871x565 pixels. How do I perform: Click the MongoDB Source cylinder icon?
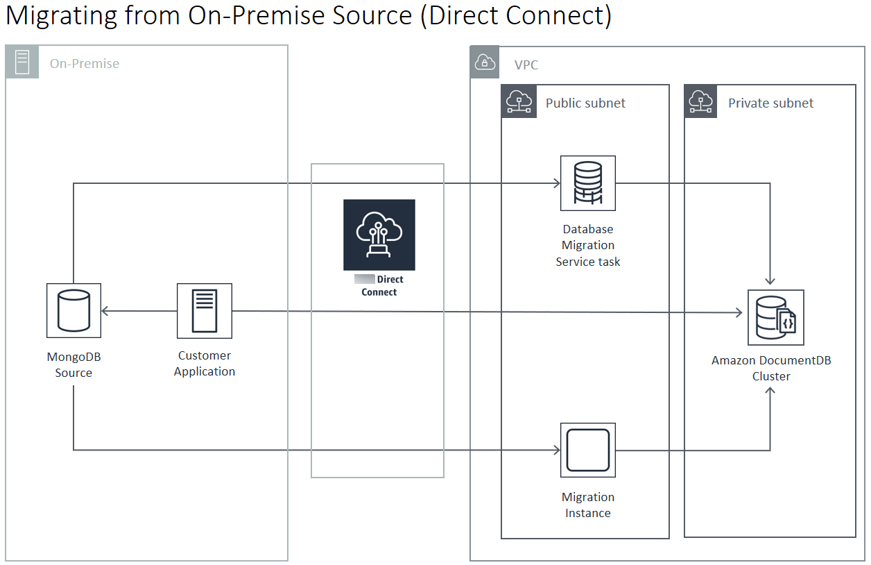(x=74, y=310)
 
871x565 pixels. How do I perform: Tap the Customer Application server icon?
(x=204, y=310)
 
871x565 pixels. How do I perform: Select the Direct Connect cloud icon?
(x=379, y=235)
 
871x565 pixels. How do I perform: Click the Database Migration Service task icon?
(x=588, y=183)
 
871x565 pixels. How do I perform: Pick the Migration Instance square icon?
(x=588, y=450)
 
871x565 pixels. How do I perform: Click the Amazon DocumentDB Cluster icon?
(x=775, y=317)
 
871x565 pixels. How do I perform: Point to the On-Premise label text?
(x=85, y=64)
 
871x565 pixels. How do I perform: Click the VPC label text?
(x=526, y=65)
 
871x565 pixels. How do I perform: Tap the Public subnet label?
(x=585, y=103)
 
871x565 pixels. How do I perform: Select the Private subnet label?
(x=770, y=103)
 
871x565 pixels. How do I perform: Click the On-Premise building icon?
(x=22, y=62)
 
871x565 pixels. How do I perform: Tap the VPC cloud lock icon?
(x=485, y=63)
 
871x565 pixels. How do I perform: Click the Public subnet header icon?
(x=519, y=102)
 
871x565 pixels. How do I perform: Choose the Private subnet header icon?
(x=702, y=102)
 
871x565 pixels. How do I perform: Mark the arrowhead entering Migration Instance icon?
(x=556, y=450)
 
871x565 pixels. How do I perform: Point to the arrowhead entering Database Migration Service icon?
(x=556, y=184)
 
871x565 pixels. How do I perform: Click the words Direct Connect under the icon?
(x=380, y=286)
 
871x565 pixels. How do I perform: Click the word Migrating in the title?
(x=60, y=15)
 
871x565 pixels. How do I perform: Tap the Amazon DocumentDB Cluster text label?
(x=771, y=368)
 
